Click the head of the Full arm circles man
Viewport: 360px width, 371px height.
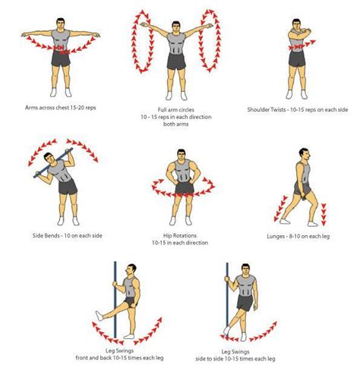coord(177,20)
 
